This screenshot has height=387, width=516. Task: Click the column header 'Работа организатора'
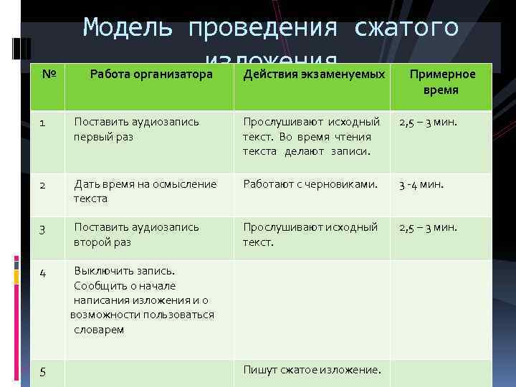point(150,74)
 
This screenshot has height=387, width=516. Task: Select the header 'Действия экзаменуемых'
point(314,74)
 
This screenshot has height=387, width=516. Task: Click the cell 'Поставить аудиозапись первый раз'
point(137,129)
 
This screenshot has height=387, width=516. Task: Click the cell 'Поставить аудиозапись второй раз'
point(137,234)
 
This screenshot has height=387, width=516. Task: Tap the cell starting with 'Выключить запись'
point(143,300)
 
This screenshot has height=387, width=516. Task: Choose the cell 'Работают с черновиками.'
point(310,184)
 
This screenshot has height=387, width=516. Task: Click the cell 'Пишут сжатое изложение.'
point(312,370)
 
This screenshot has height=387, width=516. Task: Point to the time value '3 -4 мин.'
point(421,184)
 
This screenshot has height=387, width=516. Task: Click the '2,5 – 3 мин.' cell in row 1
point(428,123)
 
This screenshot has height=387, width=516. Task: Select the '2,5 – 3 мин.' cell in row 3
point(428,228)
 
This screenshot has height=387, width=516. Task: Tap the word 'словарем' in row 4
point(99,330)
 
